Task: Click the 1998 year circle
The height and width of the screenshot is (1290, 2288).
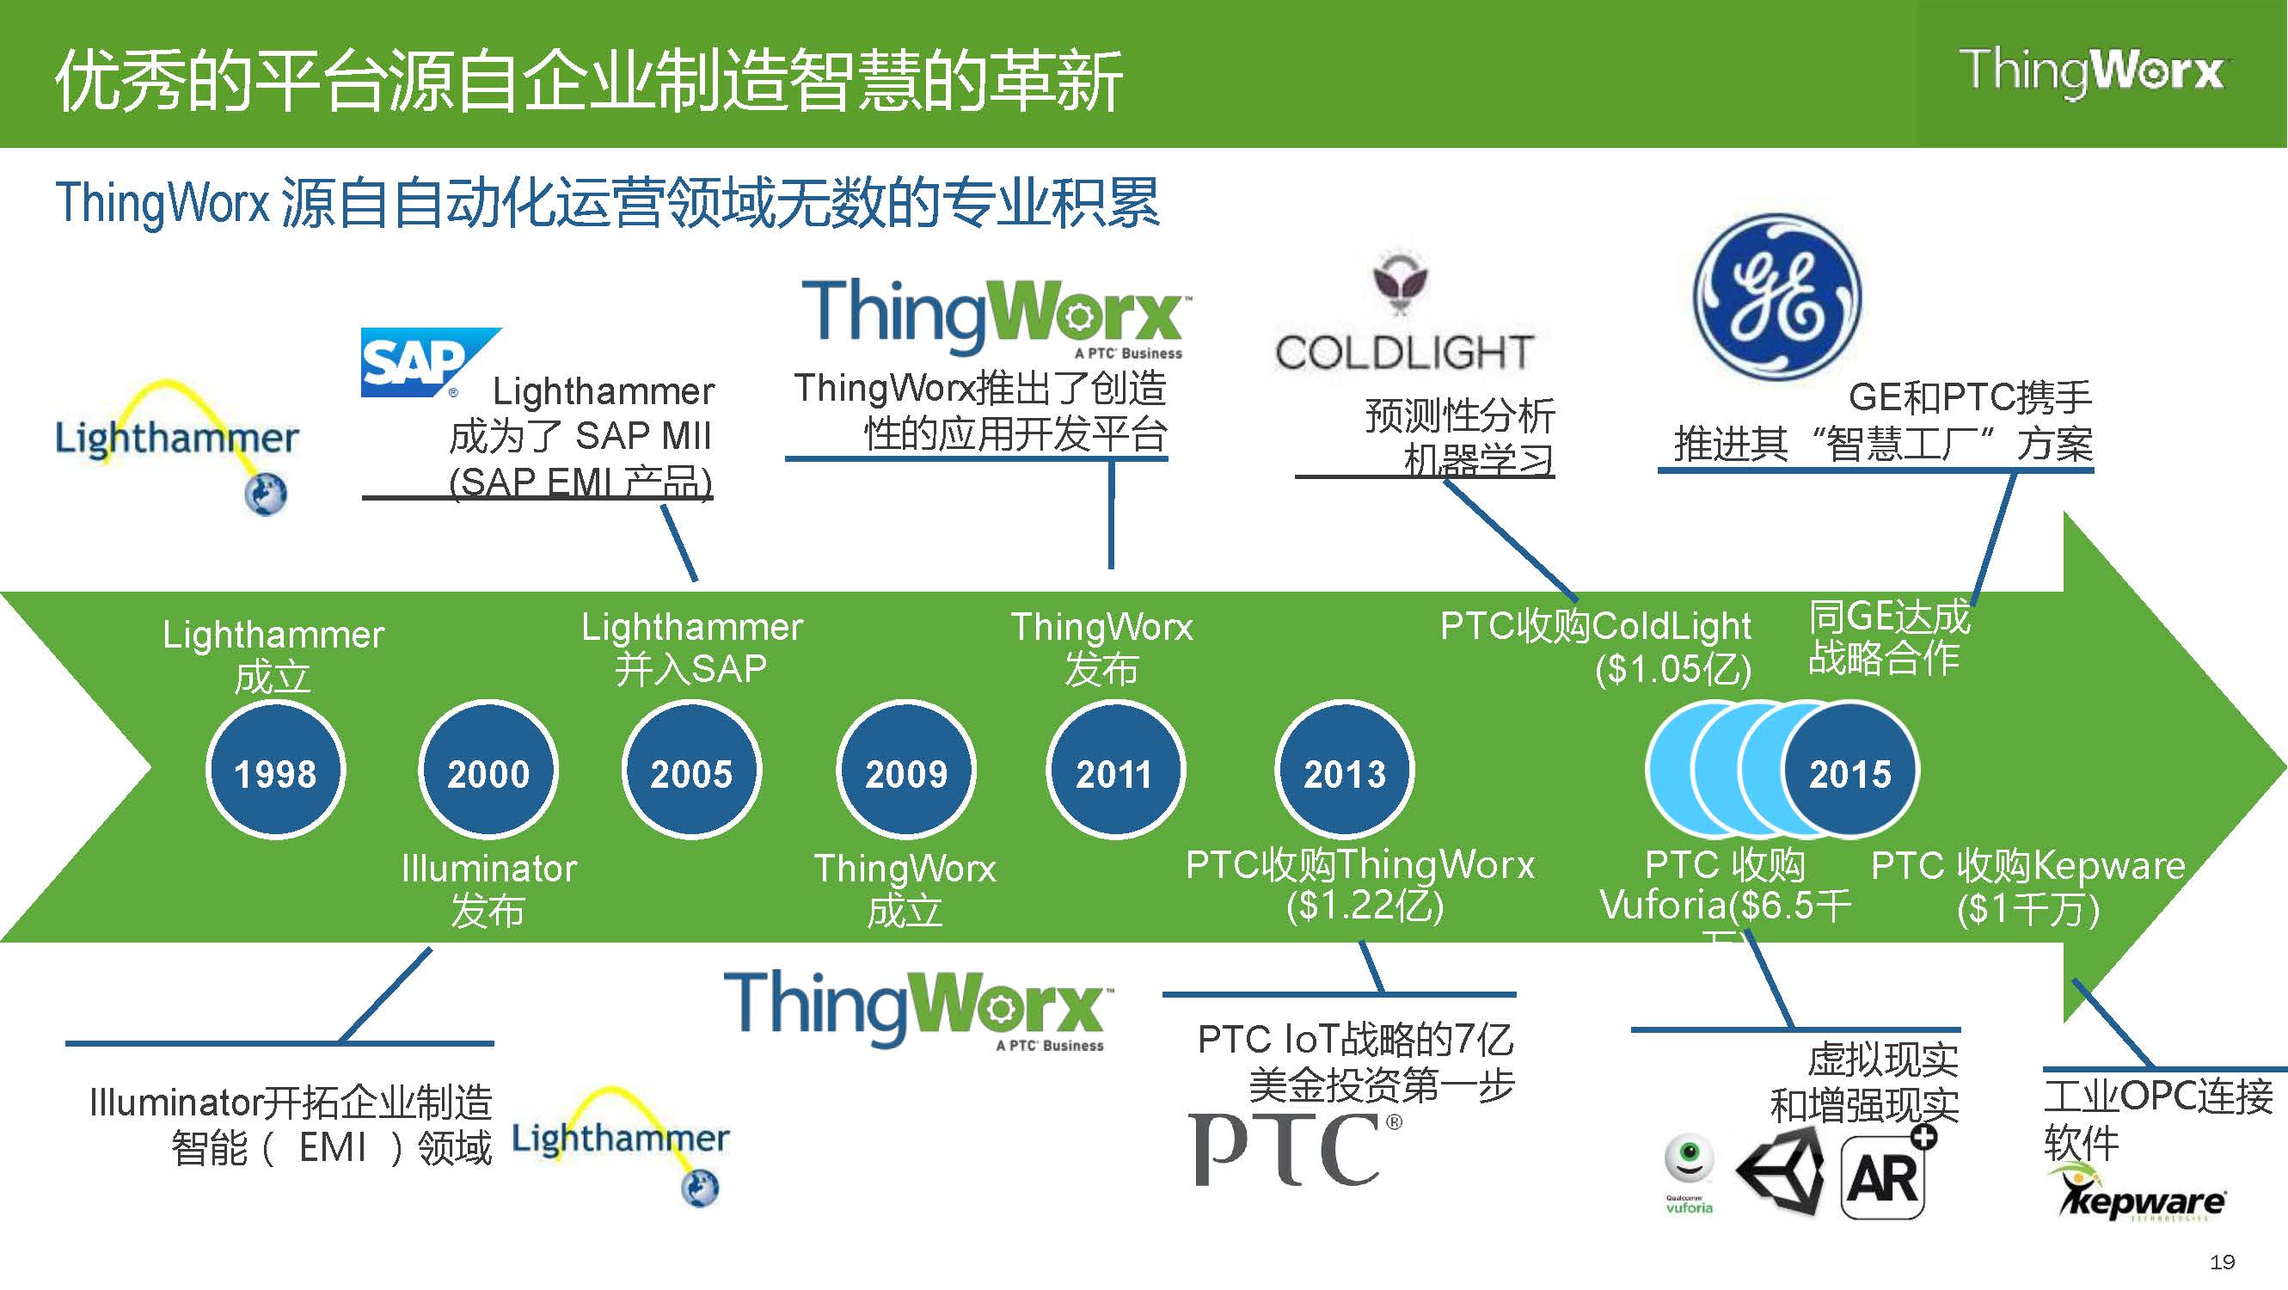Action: pos(275,771)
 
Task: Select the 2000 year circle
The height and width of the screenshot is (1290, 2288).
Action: pos(488,771)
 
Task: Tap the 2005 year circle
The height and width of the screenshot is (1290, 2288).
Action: pos(692,771)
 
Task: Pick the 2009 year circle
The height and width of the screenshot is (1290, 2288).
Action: pos(906,771)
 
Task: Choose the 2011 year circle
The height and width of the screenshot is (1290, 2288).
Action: pos(1114,771)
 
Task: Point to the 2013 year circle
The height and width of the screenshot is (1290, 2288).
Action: pos(1344,771)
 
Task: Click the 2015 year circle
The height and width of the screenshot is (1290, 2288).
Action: pos(1851,771)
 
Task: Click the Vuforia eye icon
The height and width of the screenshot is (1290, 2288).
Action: pos(1689,1158)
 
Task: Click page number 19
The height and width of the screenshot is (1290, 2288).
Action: pos(2223,1262)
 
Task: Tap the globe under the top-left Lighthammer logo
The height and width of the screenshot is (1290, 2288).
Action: pos(266,494)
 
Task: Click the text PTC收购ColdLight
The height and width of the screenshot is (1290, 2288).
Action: pos(1595,626)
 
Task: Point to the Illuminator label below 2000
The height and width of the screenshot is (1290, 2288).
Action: pos(489,868)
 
